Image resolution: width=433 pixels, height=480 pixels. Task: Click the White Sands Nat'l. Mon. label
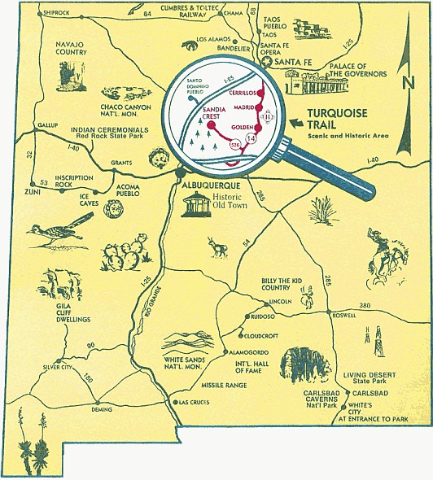tap(190, 361)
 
